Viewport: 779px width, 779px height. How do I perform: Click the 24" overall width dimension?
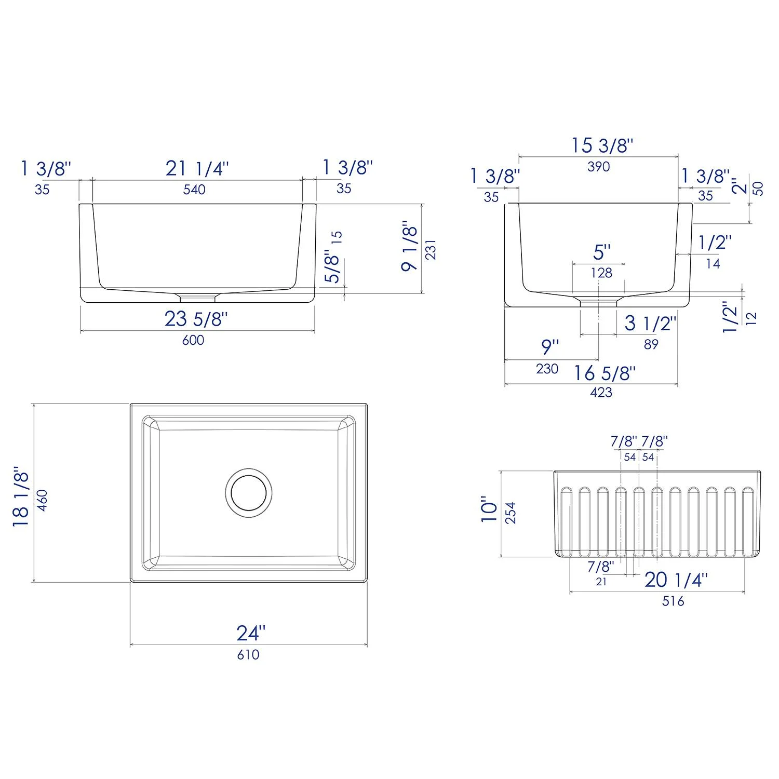[x=251, y=633]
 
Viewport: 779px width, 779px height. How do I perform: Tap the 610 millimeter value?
[x=248, y=655]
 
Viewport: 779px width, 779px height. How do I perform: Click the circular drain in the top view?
[x=249, y=492]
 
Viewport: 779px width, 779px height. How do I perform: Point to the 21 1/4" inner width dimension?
[x=197, y=168]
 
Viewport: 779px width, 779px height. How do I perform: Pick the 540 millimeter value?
[x=194, y=190]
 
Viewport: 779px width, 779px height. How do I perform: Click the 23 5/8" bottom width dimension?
[x=196, y=319]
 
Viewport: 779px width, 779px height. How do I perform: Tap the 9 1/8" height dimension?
[x=410, y=248]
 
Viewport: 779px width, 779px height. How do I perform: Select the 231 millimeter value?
[x=431, y=249]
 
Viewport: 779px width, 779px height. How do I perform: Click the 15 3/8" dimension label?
[x=602, y=145]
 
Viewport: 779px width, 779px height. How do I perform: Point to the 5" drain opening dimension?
[x=601, y=252]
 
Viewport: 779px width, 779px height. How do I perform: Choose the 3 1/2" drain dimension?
[x=650, y=324]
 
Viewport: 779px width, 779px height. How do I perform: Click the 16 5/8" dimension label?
[x=605, y=373]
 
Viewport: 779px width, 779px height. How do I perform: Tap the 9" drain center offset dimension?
[x=549, y=346]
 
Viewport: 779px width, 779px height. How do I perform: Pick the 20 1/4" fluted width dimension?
[x=676, y=580]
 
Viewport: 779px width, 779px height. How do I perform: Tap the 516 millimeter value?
[x=673, y=601]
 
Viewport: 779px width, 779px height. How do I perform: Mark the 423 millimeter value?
[x=601, y=393]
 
